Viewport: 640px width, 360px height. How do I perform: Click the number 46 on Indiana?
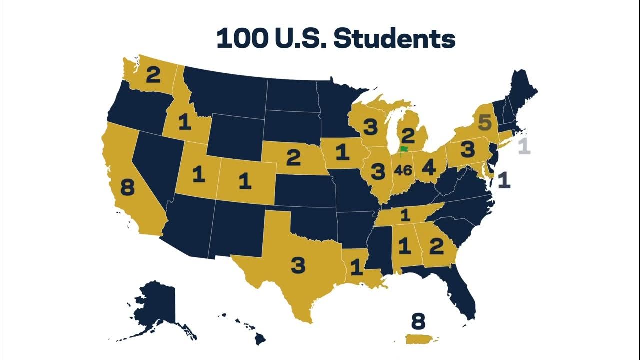[402, 170]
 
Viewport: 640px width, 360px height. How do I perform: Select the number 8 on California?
[127, 188]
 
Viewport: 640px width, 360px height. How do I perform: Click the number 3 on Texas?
[298, 265]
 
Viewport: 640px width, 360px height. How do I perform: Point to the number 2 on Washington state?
[153, 76]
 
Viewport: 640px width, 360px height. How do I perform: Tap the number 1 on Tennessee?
[405, 215]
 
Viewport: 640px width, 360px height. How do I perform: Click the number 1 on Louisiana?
[356, 268]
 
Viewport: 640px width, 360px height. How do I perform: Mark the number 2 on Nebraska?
[293, 158]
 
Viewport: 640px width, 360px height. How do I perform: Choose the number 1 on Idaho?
[185, 122]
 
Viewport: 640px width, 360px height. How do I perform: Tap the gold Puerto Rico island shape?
[422, 339]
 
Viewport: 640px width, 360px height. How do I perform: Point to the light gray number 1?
[523, 146]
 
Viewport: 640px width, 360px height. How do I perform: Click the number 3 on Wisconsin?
[370, 128]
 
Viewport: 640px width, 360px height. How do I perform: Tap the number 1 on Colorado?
[244, 181]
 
